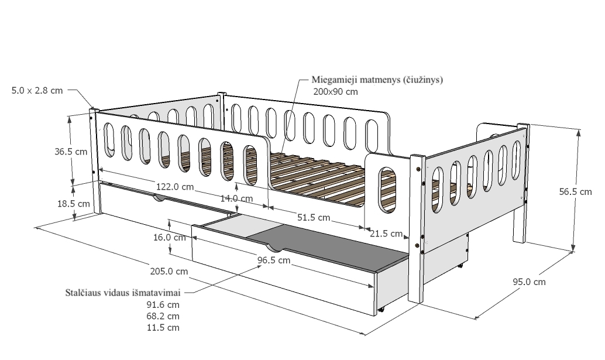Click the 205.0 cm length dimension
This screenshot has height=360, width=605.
[169, 271]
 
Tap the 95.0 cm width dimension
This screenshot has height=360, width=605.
[529, 282]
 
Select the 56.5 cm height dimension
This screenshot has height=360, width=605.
[575, 192]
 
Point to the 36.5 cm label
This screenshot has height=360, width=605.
[71, 152]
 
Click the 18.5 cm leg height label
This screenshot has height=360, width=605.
[73, 204]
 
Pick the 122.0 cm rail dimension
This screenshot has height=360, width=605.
[175, 187]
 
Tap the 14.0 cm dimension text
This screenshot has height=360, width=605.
[236, 198]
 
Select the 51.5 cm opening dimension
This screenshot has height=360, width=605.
[314, 218]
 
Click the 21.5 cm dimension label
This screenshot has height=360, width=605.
[386, 234]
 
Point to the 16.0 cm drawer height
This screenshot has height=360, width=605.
[169, 237]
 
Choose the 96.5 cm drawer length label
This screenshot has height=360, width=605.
[274, 260]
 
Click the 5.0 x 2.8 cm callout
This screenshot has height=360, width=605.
[37, 91]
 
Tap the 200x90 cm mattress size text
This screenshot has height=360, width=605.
[335, 92]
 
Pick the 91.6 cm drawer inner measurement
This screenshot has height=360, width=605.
[163, 305]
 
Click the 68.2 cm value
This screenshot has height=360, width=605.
[163, 317]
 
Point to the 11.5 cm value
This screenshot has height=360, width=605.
[163, 328]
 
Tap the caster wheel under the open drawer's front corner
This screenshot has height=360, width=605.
[381, 310]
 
